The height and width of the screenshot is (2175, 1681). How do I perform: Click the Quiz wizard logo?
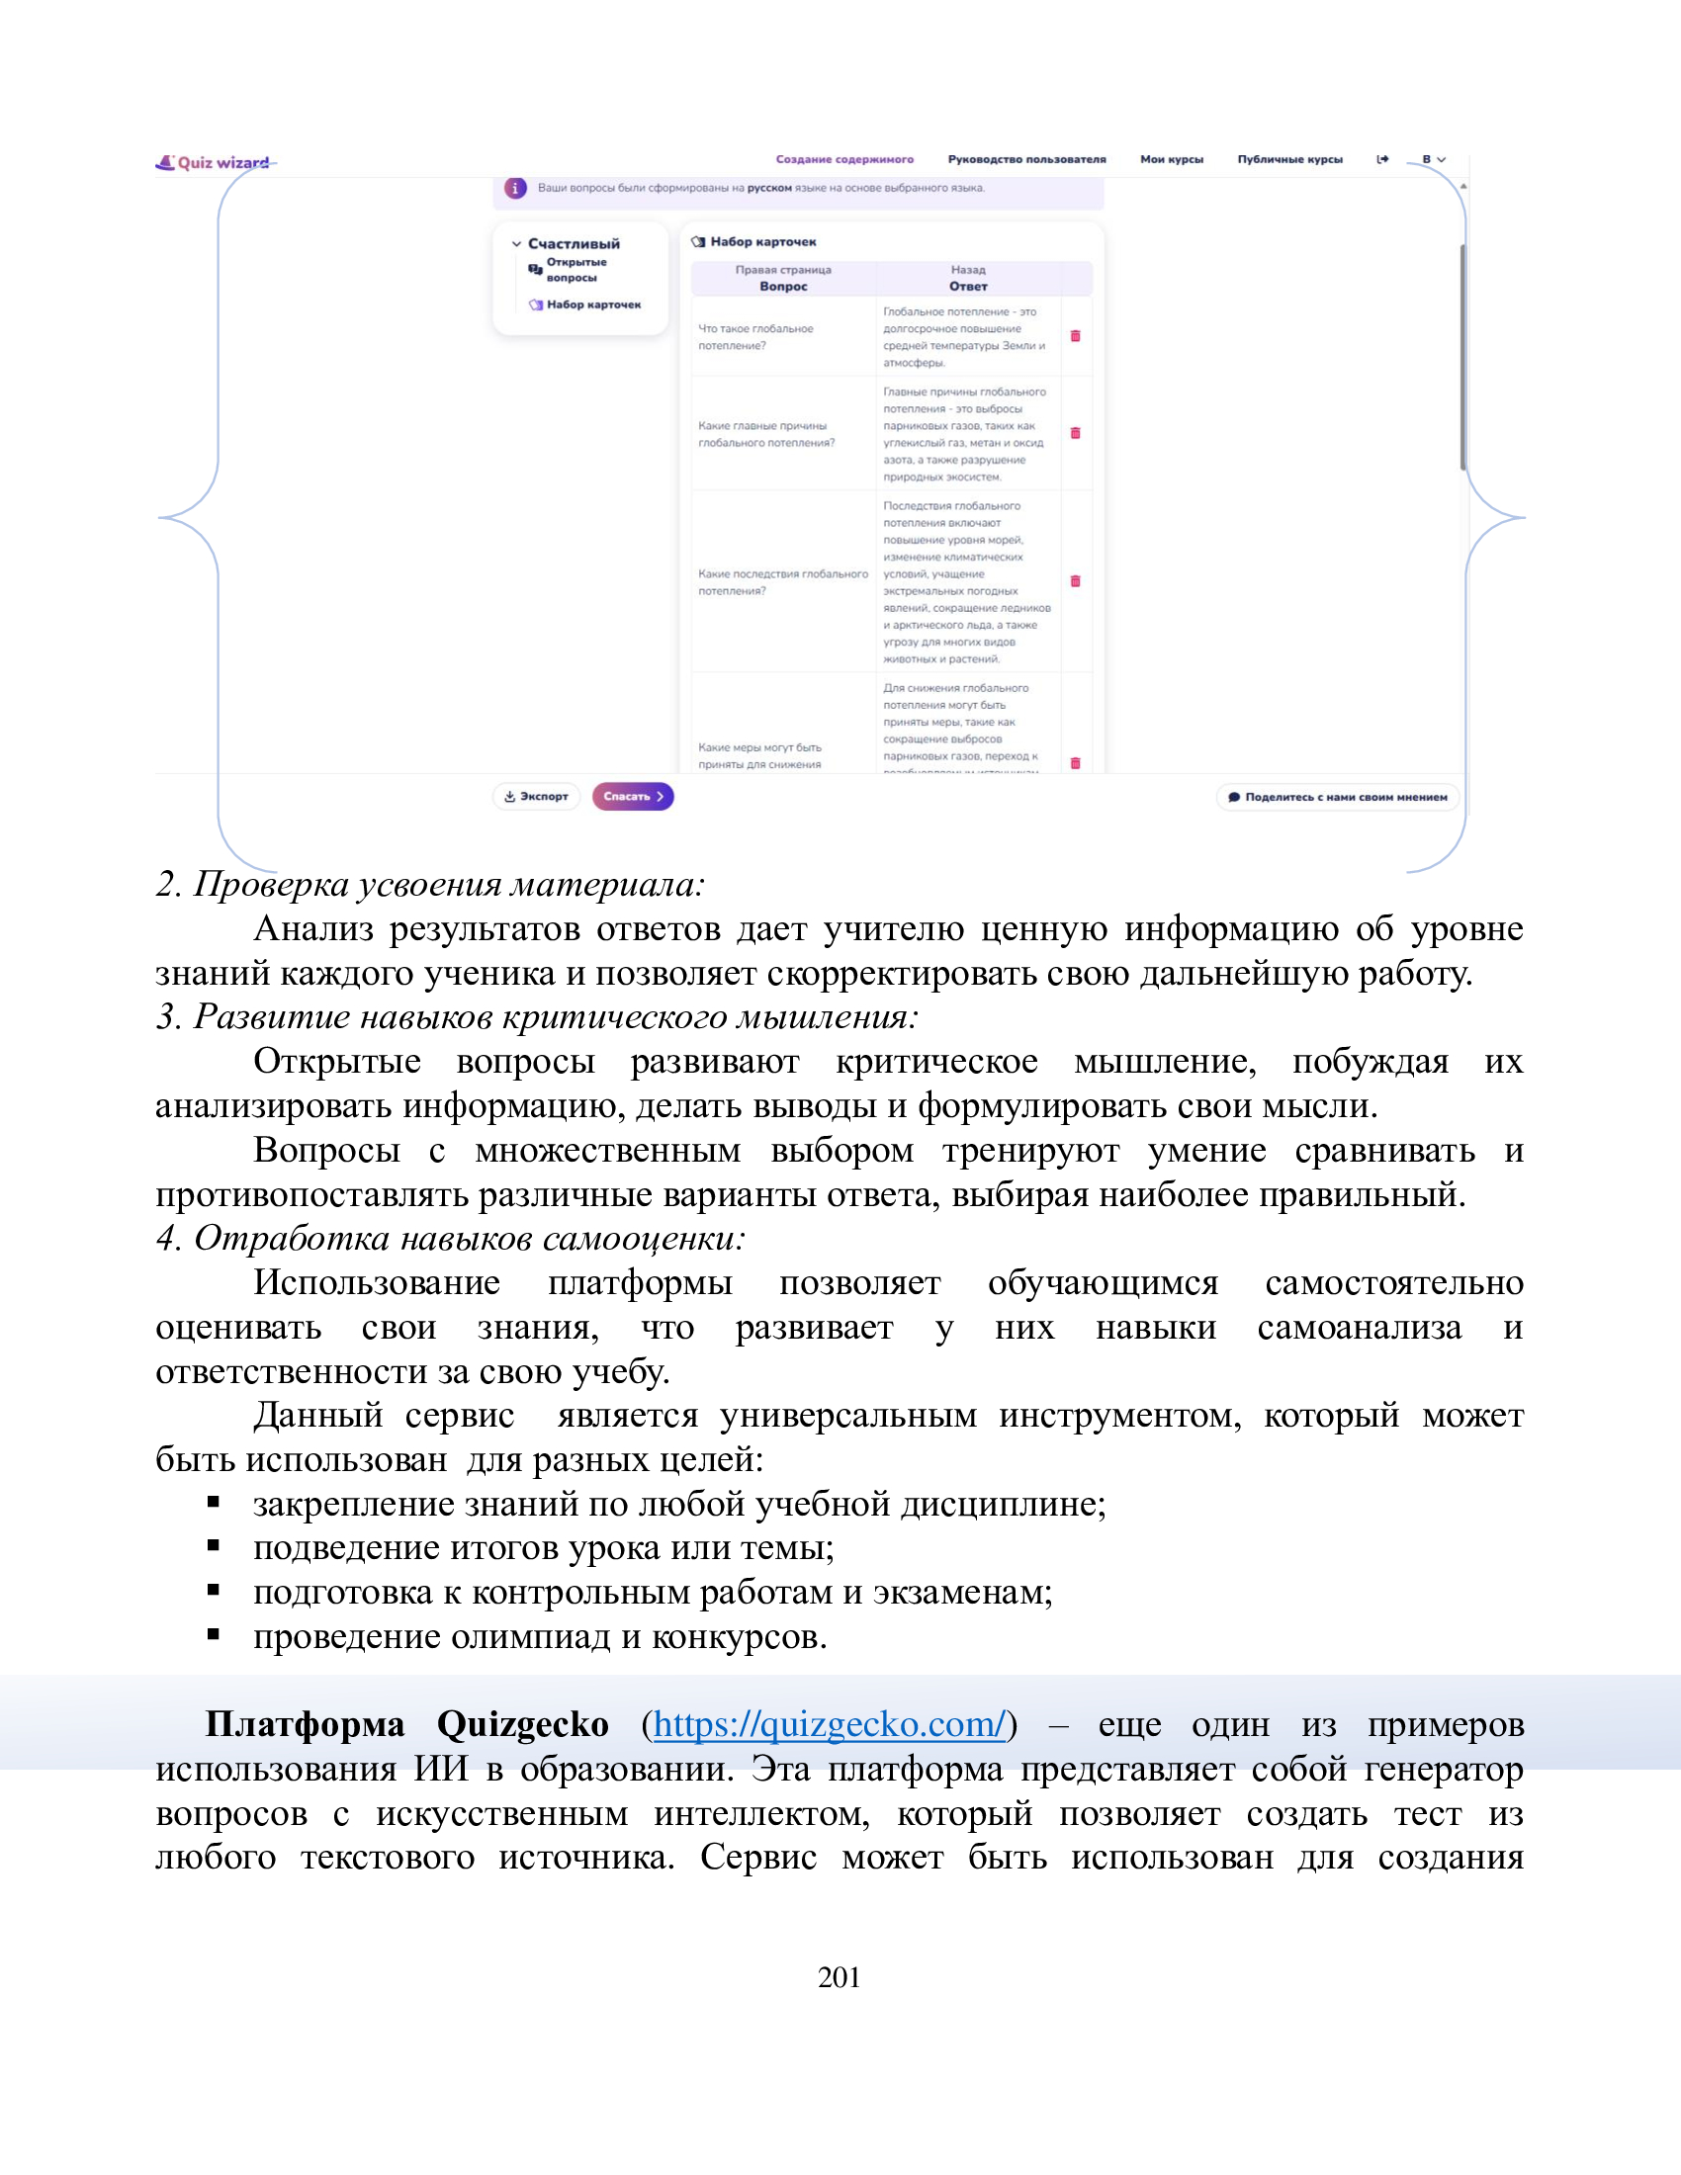213,162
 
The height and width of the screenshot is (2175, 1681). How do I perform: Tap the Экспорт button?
536,797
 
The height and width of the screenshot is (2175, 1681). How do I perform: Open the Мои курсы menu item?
1171,159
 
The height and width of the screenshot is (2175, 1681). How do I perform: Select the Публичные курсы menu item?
1289,159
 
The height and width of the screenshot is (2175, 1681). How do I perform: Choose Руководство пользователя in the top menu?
1026,159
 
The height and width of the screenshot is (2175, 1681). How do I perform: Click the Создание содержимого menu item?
844,159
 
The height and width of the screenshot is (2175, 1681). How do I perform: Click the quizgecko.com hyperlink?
829,1725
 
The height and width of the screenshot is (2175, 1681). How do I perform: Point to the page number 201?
839,1978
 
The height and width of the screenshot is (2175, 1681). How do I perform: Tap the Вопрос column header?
783,286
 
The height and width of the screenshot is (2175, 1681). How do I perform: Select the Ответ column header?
968,286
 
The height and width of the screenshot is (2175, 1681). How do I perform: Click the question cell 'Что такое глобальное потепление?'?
755,336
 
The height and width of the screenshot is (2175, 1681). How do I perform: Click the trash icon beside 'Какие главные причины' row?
1076,433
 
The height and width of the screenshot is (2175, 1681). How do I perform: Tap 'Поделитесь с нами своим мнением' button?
1338,797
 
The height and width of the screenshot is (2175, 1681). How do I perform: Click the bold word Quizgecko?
522,1725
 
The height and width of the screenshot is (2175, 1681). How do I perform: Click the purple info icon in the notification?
515,188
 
